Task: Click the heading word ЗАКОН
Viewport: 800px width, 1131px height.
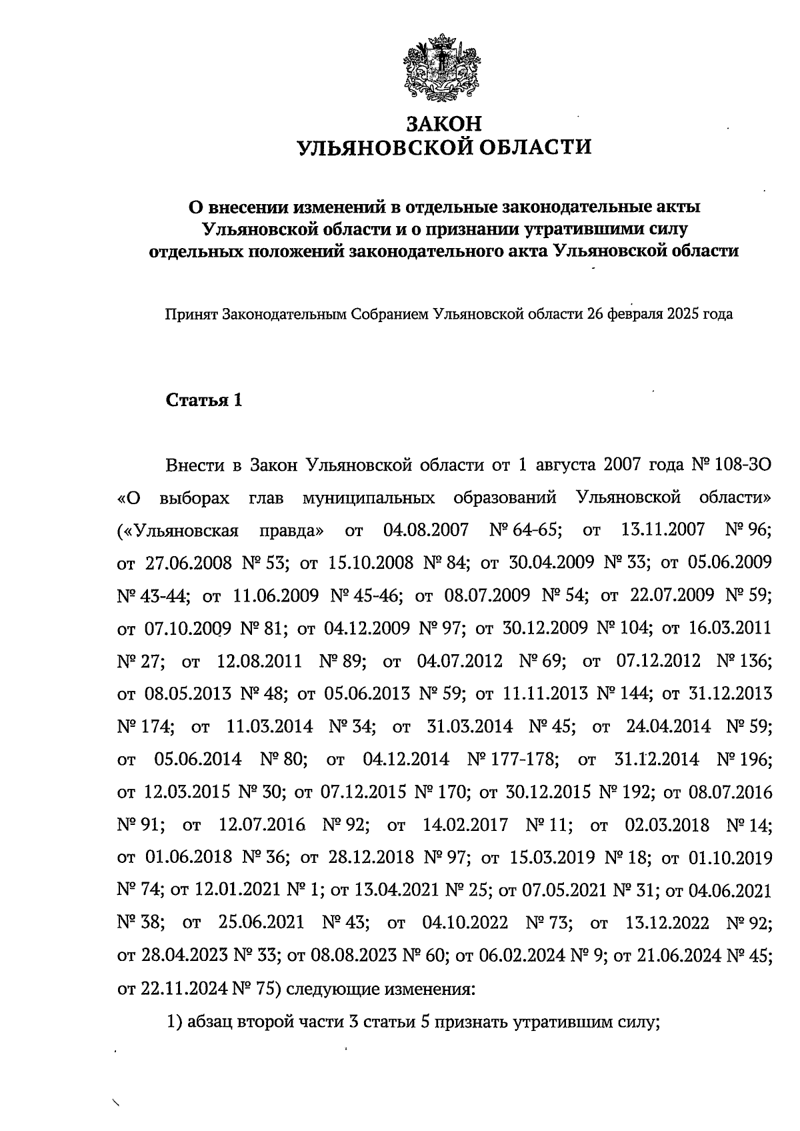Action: click(443, 124)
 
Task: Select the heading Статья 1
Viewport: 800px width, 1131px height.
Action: click(204, 400)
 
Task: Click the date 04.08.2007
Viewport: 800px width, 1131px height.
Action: click(426, 531)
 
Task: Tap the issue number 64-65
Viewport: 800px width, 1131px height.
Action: click(536, 531)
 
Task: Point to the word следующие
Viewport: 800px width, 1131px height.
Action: click(333, 988)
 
